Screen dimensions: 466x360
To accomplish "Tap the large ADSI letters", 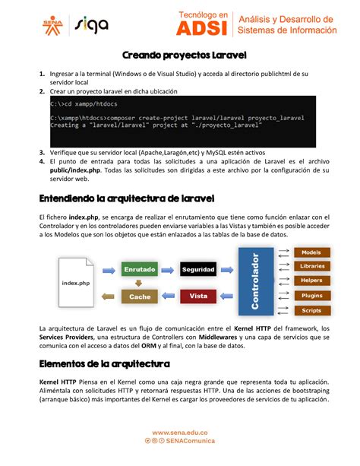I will pyautogui.click(x=204, y=28).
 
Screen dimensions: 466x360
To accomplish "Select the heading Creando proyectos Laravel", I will pyautogui.click(x=179, y=55).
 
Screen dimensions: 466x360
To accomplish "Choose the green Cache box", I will pyautogui.click(x=140, y=296).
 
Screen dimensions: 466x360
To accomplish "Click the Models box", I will pyautogui.click(x=311, y=252).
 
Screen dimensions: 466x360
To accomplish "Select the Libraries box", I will pyautogui.click(x=311, y=267).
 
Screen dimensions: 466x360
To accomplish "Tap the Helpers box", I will pyautogui.click(x=311, y=281).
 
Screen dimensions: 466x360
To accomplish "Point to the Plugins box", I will pyautogui.click(x=311, y=296).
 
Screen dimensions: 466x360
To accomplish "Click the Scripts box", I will pyautogui.click(x=311, y=310).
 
